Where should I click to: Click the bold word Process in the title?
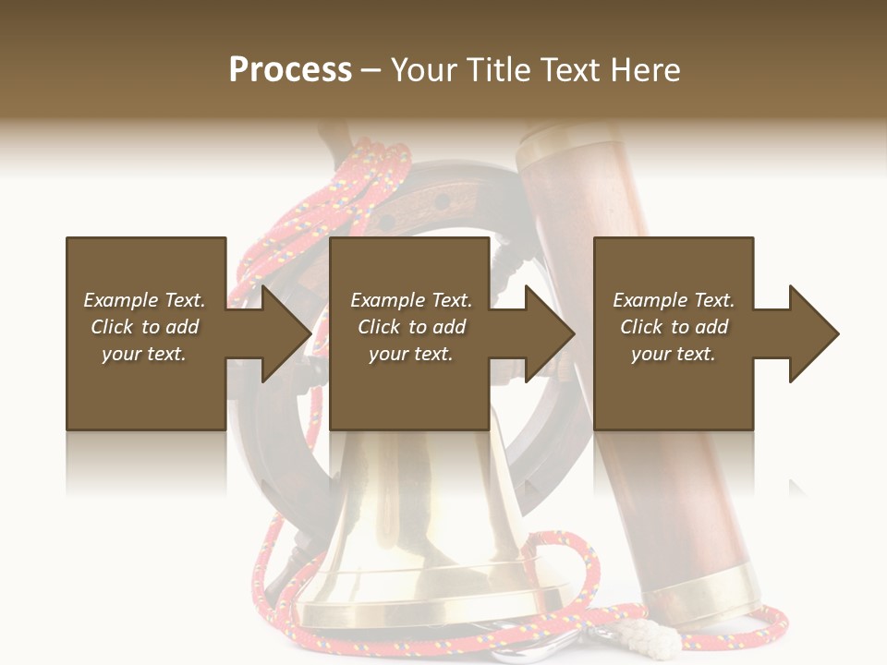click(290, 70)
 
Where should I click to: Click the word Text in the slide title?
click(568, 70)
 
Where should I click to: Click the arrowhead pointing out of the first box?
click(282, 333)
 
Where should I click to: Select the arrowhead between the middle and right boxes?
click(546, 333)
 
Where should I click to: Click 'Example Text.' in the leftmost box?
click(144, 300)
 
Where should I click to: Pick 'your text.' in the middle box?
click(410, 354)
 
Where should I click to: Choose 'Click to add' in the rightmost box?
click(674, 327)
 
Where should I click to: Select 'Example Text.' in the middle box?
click(410, 300)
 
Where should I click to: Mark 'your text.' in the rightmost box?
click(674, 354)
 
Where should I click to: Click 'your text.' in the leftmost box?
click(144, 354)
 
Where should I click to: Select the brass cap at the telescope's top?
click(559, 139)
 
